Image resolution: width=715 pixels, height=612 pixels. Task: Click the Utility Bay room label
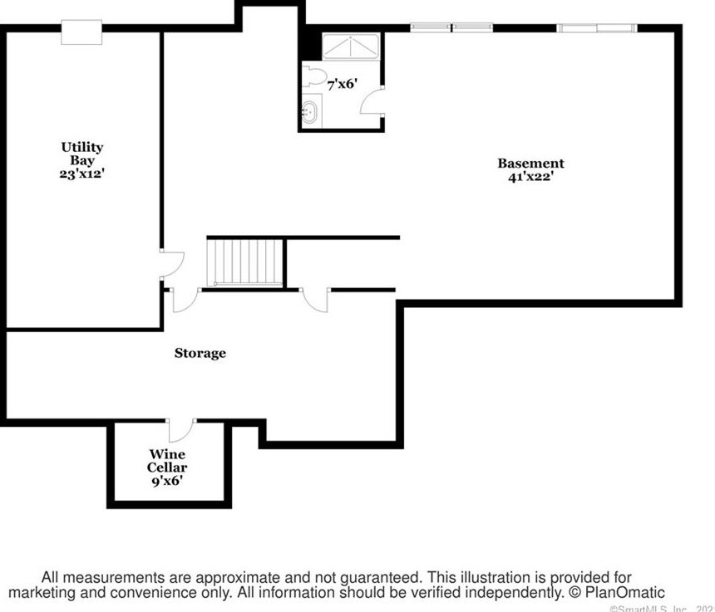(82, 154)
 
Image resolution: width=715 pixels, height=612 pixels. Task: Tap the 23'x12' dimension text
(82, 175)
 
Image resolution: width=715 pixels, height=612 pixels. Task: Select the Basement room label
(530, 164)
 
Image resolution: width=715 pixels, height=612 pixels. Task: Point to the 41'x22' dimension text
(530, 176)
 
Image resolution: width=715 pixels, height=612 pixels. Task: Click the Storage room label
(200, 353)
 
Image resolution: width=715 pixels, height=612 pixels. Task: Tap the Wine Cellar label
(167, 461)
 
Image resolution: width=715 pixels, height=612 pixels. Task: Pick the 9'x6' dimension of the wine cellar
(167, 480)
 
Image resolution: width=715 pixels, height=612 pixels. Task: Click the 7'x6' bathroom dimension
(342, 84)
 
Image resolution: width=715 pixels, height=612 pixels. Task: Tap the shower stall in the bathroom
(350, 47)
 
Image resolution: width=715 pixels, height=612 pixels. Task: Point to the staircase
(245, 262)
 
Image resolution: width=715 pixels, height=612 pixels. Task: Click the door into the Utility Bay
(170, 264)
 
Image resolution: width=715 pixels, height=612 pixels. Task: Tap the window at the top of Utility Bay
(83, 30)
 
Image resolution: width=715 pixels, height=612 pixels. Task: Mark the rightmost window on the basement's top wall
(598, 28)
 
